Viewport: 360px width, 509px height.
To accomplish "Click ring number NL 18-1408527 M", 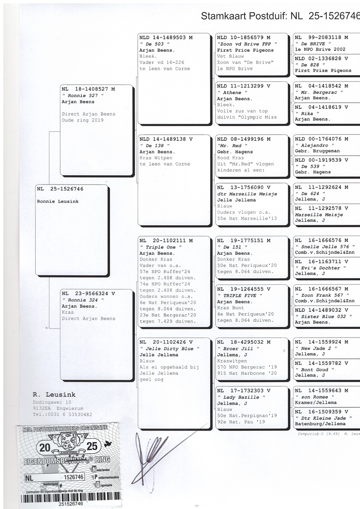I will click(88, 89).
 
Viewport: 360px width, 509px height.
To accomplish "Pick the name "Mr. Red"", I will click(230, 146).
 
